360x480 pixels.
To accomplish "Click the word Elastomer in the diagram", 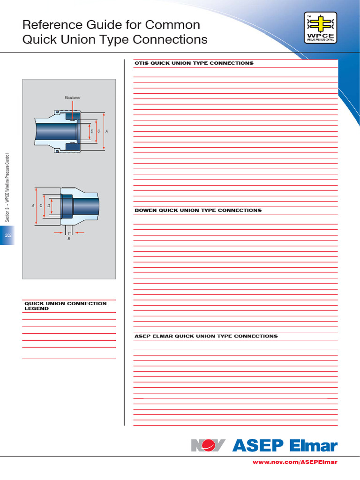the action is tap(73, 97).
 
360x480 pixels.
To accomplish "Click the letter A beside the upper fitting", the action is tap(107, 131).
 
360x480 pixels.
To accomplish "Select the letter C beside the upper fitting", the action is tap(99, 131).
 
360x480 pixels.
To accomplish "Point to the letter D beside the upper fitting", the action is tap(92, 131).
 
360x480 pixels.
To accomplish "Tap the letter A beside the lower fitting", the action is tap(33, 206).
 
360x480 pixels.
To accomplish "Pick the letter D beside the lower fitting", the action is tap(48, 206).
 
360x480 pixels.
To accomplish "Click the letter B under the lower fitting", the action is tap(69, 239).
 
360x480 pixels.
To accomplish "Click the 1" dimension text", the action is tap(69, 233).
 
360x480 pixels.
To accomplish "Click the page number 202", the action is tap(8, 235).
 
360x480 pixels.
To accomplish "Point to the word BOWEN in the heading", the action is tap(145, 210).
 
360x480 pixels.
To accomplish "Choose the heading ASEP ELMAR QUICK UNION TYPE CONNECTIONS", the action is tap(206, 336).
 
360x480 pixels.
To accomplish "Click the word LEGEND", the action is tap(37, 309).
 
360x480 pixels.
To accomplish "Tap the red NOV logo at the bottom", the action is tap(208, 445).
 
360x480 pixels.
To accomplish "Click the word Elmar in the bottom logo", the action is tap(313, 445).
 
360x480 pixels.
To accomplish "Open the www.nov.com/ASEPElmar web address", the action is tap(295, 462).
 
